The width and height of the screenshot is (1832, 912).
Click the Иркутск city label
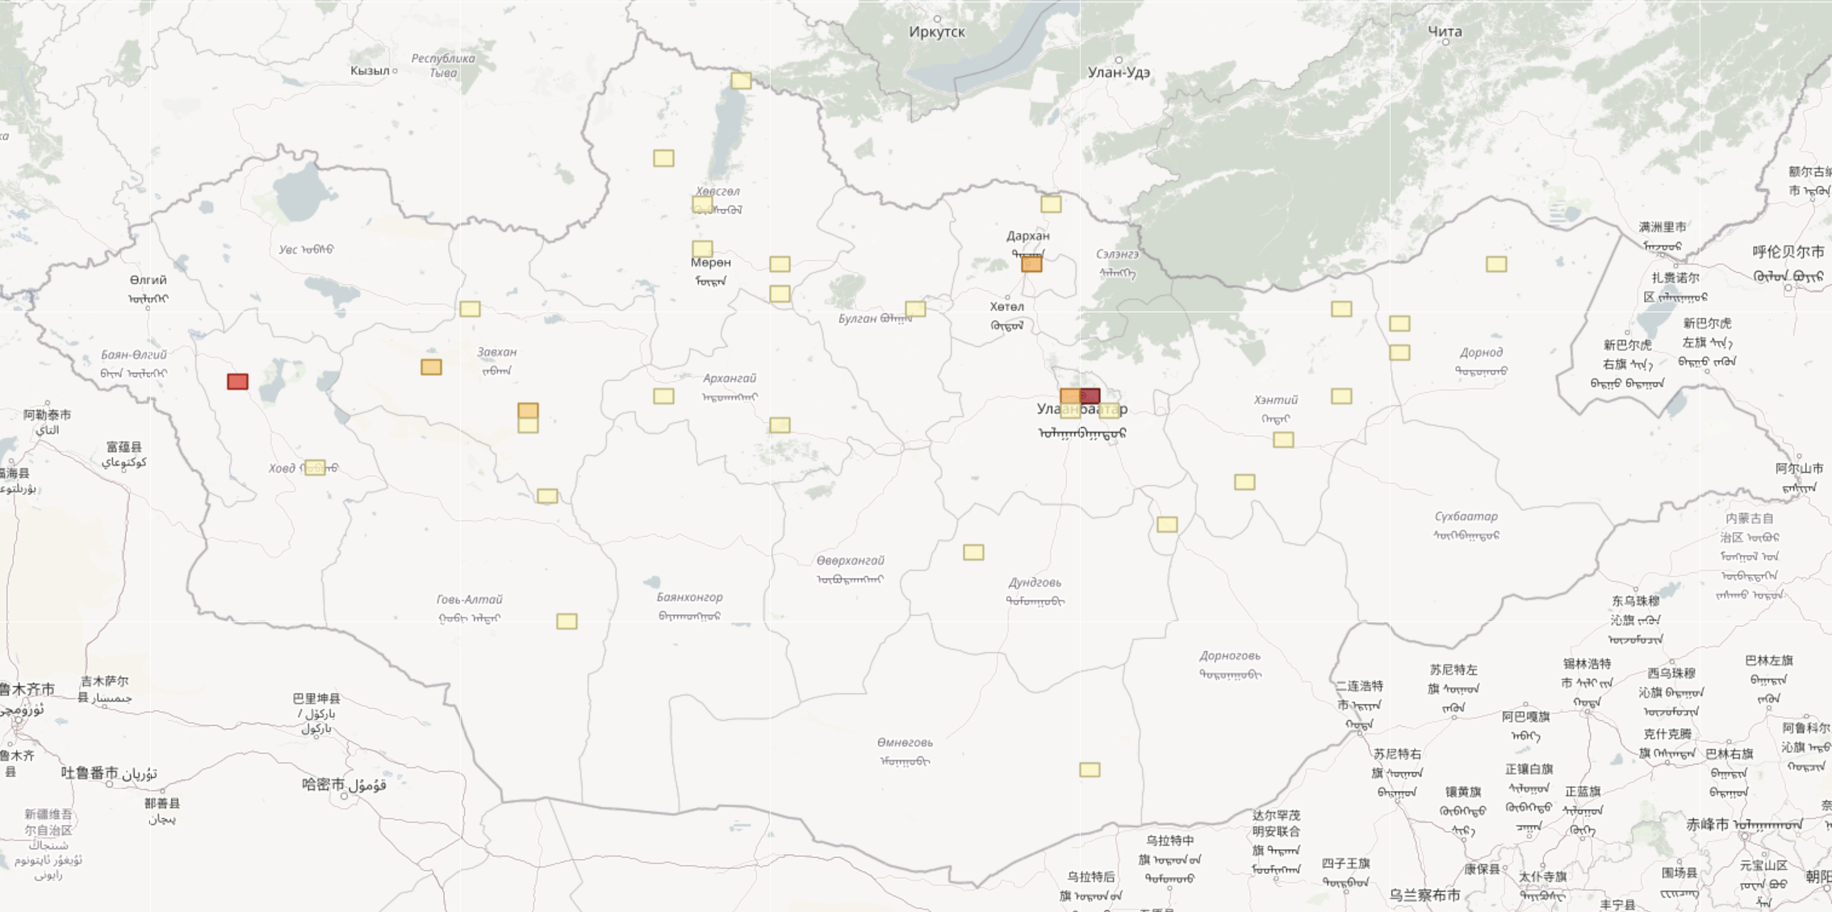pyautogui.click(x=936, y=31)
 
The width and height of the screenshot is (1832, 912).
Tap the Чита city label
pyautogui.click(x=1445, y=31)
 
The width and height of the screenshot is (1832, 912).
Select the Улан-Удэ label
pyautogui.click(x=1119, y=72)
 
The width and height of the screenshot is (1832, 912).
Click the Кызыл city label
pyautogui.click(x=370, y=70)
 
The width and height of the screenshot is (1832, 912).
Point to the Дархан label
pyautogui.click(x=1027, y=236)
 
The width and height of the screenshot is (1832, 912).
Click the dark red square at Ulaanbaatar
pyautogui.click(x=1090, y=395)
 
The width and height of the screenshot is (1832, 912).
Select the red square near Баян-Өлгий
pyautogui.click(x=237, y=381)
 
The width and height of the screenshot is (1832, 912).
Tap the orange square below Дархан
pyautogui.click(x=1031, y=264)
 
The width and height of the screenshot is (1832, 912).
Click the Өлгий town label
pyautogui.click(x=148, y=280)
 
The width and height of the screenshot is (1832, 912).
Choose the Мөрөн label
pyautogui.click(x=710, y=262)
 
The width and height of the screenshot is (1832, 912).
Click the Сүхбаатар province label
pyautogui.click(x=1466, y=517)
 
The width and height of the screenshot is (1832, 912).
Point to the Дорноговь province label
pyautogui.click(x=1229, y=656)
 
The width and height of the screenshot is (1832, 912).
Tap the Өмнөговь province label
pyautogui.click(x=905, y=743)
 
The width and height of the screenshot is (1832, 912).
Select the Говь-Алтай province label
pyautogui.click(x=469, y=600)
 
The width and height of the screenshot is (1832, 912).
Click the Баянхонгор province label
pyautogui.click(x=689, y=597)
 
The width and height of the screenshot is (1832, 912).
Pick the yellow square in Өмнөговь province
pyautogui.click(x=1090, y=770)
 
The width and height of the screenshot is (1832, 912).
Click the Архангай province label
pyautogui.click(x=730, y=378)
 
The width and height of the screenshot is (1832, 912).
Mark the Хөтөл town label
pyautogui.click(x=1006, y=307)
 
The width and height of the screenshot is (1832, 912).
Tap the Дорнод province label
pyautogui.click(x=1481, y=353)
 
